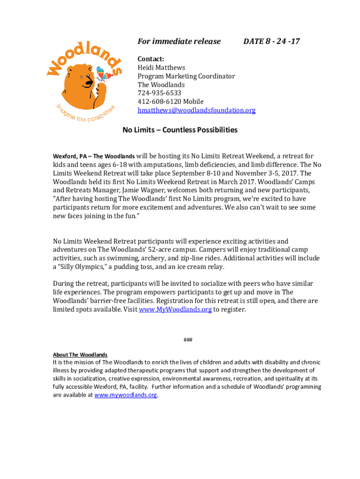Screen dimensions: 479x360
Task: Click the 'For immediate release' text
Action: point(179,42)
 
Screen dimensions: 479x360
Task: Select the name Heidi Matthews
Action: point(161,68)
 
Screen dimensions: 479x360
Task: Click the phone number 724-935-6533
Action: point(159,93)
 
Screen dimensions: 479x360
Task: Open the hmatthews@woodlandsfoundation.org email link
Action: point(196,110)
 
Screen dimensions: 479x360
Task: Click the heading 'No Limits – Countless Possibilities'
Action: point(180,130)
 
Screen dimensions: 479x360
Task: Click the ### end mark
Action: point(187,340)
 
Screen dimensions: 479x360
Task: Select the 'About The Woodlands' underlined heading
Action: point(80,355)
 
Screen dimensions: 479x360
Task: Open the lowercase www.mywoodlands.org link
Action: point(126,395)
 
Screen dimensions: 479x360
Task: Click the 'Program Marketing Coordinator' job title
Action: point(186,76)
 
